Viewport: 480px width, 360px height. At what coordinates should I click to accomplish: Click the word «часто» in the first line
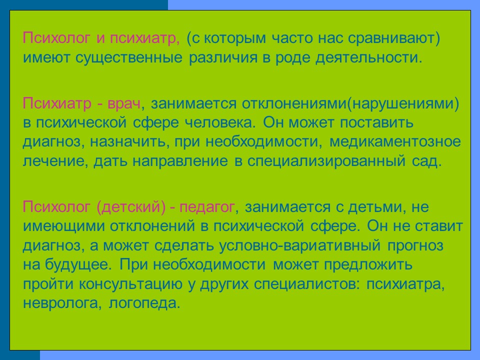coord(292,38)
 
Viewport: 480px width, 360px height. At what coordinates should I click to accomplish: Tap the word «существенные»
coord(129,58)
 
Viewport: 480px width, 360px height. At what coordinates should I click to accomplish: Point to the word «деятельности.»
coord(368,58)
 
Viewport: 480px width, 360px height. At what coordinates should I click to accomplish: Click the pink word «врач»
coord(123,104)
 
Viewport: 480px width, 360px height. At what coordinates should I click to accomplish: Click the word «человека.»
coord(220,123)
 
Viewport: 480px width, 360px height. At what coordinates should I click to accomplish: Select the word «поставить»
coord(376,123)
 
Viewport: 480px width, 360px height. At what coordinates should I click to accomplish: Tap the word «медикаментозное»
coord(395,141)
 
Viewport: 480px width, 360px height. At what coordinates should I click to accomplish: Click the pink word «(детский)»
coord(131,207)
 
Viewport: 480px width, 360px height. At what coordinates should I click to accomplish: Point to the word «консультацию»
coord(130,284)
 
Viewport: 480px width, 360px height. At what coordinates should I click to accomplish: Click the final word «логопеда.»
coord(144,303)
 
